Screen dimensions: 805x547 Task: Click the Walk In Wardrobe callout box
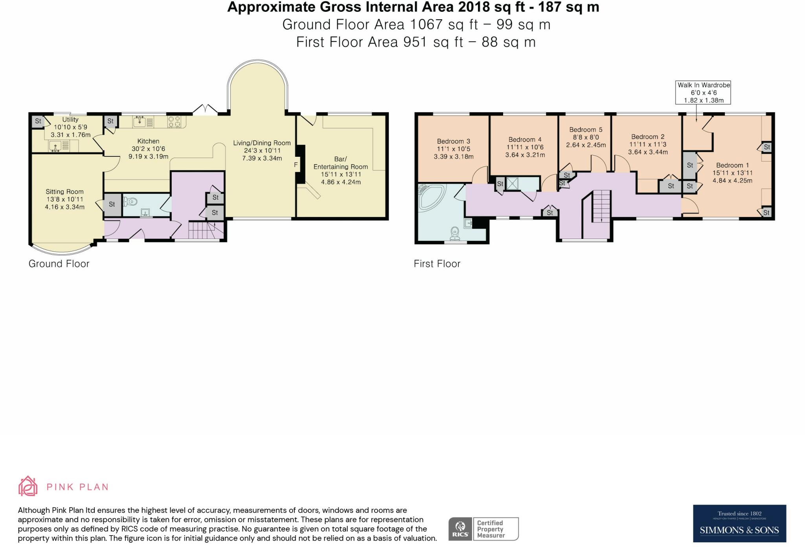(703, 92)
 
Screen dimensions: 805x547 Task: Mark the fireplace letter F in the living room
(296, 165)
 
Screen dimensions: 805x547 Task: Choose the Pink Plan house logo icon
(28, 486)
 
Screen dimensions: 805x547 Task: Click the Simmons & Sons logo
(739, 523)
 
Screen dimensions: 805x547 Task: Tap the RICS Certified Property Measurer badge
(483, 529)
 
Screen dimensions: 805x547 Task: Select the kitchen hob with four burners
(175, 121)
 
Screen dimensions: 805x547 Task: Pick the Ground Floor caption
(59, 264)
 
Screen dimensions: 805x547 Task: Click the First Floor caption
(437, 264)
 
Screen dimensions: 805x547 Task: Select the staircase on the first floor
(601, 206)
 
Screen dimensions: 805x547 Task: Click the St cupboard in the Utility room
(38, 121)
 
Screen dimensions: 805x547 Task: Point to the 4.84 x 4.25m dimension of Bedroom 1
(732, 181)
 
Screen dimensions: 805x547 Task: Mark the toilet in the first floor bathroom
(455, 233)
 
